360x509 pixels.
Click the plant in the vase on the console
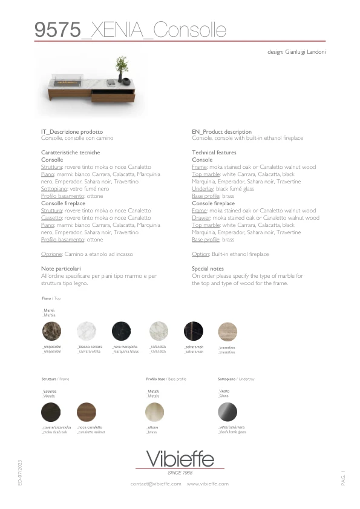click(x=123, y=65)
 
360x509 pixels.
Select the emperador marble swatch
click(x=51, y=332)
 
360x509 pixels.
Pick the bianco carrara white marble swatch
click(x=87, y=332)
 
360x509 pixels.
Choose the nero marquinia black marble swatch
click(x=122, y=332)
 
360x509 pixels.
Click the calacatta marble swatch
click(x=158, y=332)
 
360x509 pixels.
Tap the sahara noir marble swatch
click(x=193, y=332)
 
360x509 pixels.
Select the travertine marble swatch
click(x=227, y=332)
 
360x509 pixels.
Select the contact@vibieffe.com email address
click(x=155, y=484)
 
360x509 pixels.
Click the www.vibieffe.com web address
click(x=208, y=484)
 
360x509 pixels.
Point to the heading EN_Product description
click(x=221, y=132)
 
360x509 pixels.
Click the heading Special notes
click(x=208, y=268)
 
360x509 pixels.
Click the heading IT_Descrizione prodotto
click(x=71, y=132)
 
